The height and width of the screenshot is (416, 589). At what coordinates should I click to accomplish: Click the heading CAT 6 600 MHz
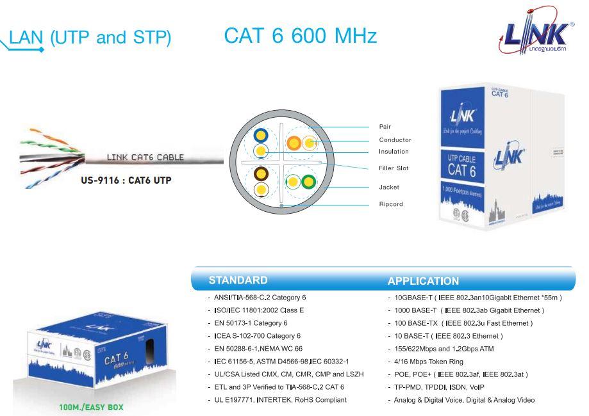[301, 36]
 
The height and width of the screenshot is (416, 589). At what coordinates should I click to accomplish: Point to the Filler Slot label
[394, 168]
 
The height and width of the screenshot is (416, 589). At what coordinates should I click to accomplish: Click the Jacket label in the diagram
[388, 188]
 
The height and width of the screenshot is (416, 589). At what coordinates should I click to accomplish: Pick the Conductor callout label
[395, 140]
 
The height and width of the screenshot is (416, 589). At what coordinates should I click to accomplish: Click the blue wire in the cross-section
[261, 136]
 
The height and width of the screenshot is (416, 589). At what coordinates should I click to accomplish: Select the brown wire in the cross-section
[261, 173]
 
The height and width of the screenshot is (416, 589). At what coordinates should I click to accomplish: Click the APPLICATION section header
[423, 281]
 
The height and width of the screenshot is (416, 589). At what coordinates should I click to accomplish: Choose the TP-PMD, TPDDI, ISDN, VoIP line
[436, 387]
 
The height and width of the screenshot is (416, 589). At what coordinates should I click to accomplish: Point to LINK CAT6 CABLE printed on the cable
[144, 157]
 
